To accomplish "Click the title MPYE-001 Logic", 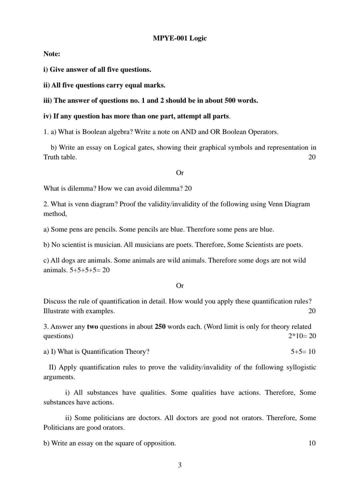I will point(180,38).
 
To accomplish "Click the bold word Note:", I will point(52,54).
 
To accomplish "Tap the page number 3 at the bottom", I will point(180,465).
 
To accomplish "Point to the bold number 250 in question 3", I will point(160,327).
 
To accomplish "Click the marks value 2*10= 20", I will point(302,336).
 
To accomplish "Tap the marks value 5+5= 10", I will point(303,352).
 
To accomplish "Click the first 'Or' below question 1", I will point(180,173).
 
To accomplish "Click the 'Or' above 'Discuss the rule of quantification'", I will point(180,286).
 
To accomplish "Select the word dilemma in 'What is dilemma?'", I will point(82,189).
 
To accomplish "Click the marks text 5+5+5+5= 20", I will point(89,270).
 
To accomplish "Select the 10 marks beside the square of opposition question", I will point(312,443).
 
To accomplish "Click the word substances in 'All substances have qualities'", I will point(102,393).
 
